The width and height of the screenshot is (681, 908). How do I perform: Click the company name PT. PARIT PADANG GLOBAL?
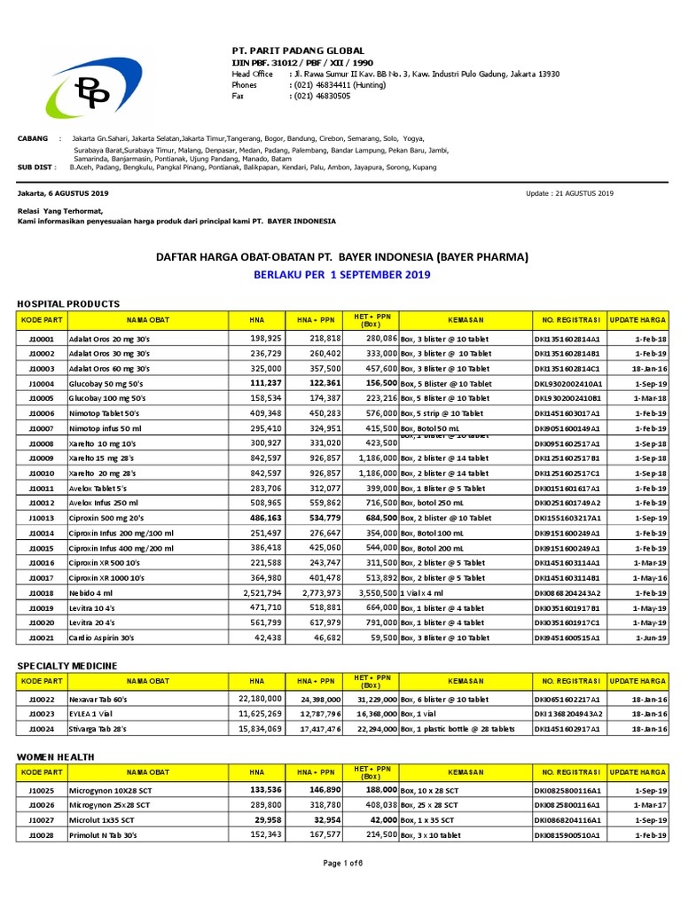point(298,51)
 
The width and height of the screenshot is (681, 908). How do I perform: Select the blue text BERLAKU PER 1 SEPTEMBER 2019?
point(342,275)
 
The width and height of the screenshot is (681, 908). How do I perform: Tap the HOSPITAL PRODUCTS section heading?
point(67,303)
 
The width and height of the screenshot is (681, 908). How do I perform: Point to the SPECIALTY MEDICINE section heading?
point(67,665)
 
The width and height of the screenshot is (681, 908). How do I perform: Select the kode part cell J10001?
point(42,339)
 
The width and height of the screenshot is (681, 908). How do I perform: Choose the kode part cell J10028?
point(42,834)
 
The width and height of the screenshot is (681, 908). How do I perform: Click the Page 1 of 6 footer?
point(340,888)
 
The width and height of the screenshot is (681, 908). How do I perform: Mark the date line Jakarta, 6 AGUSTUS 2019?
point(63,192)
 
